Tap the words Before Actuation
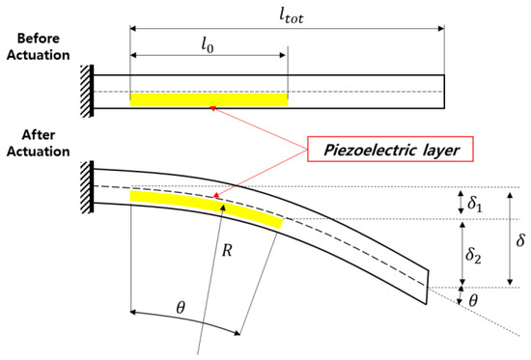coord(36,47)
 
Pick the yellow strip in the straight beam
coord(210,98)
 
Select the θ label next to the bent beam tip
coord(473,300)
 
